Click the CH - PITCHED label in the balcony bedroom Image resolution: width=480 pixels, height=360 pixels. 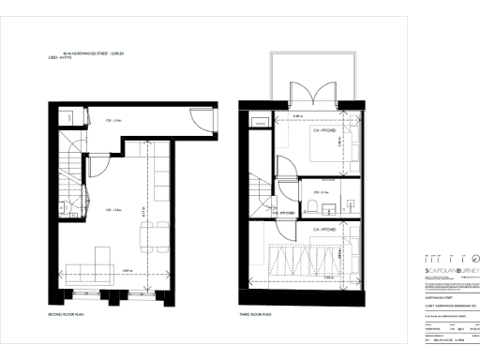326,130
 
